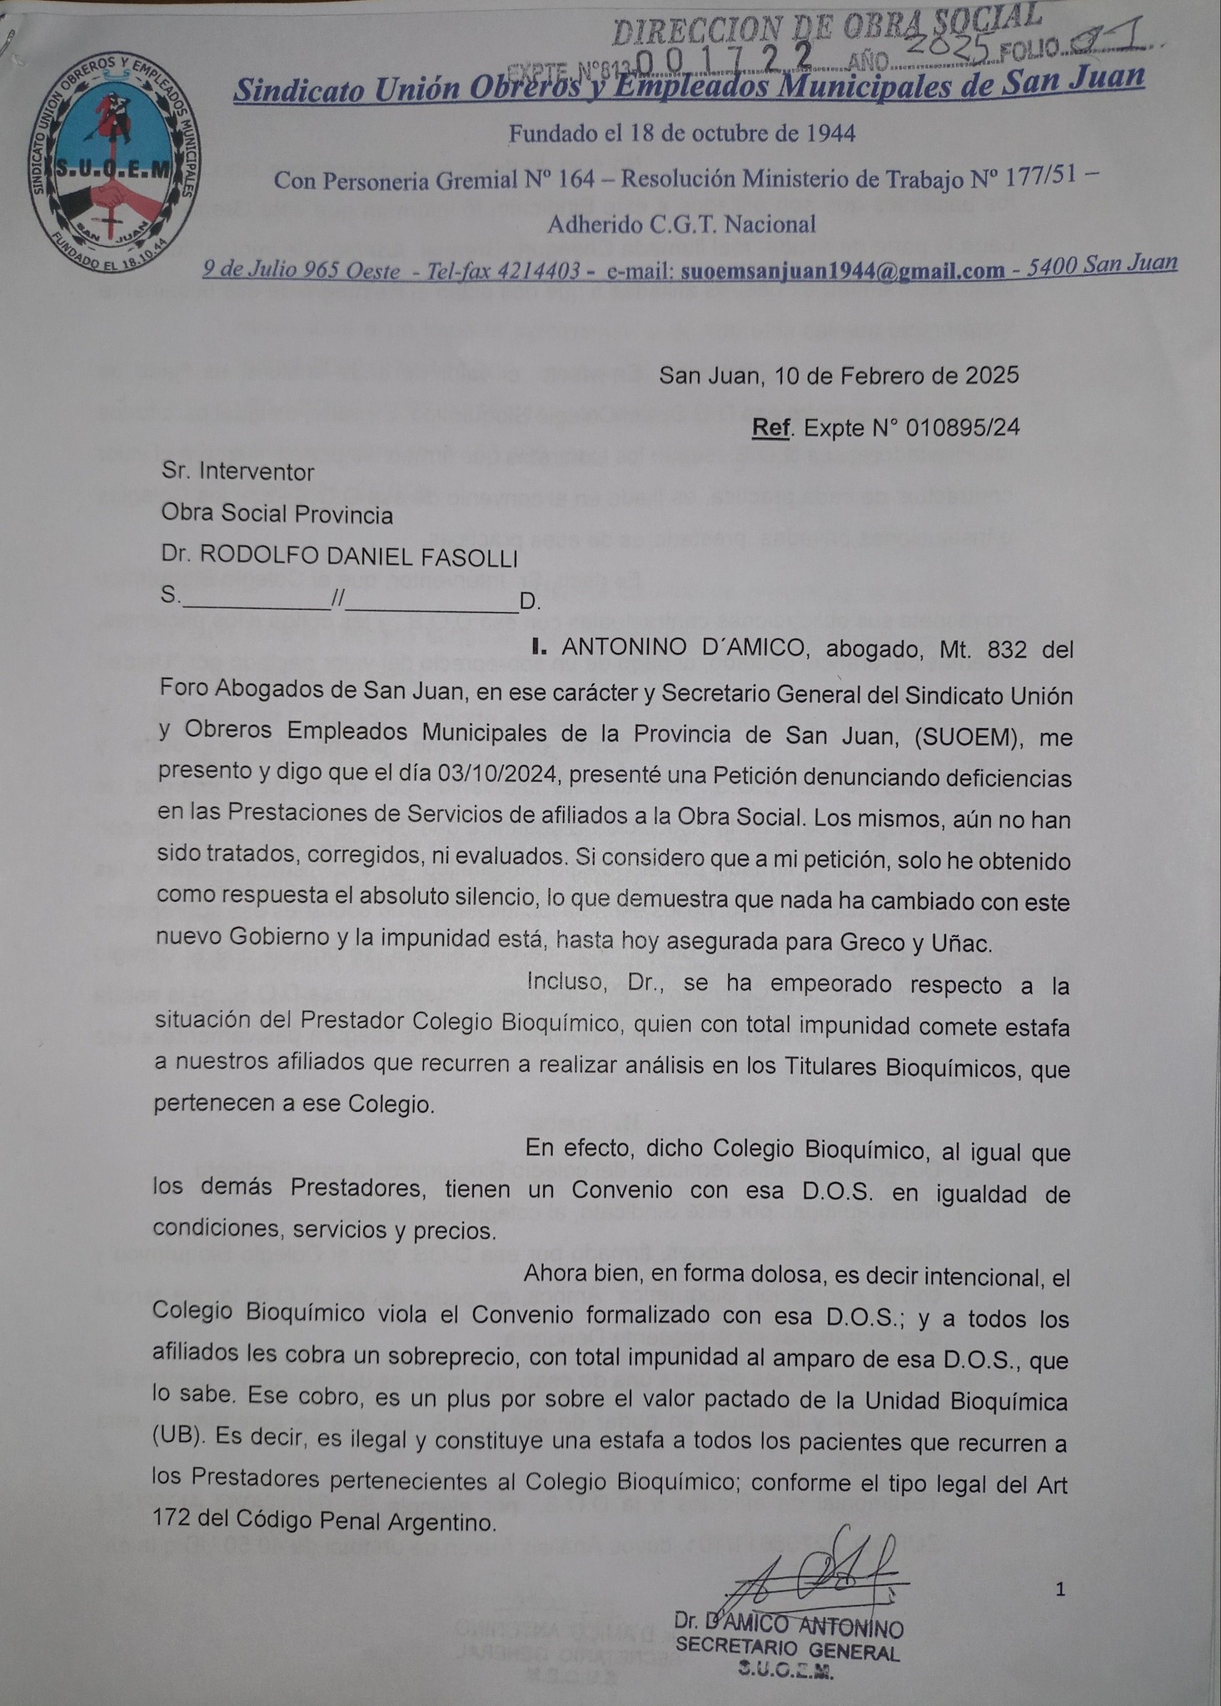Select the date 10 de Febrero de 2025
[x=839, y=376]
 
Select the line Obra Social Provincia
[x=277, y=515]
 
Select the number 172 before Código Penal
[x=172, y=1521]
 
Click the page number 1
[x=1060, y=1589]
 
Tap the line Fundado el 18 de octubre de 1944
[x=681, y=133]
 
